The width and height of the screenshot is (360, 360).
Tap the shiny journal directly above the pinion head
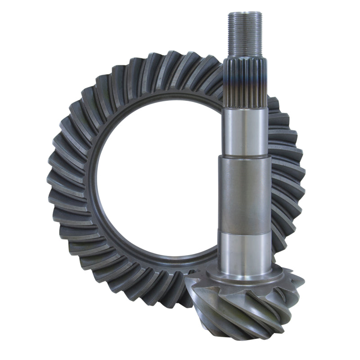(x=245, y=250)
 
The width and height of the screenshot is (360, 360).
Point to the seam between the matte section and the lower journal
(x=245, y=230)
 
